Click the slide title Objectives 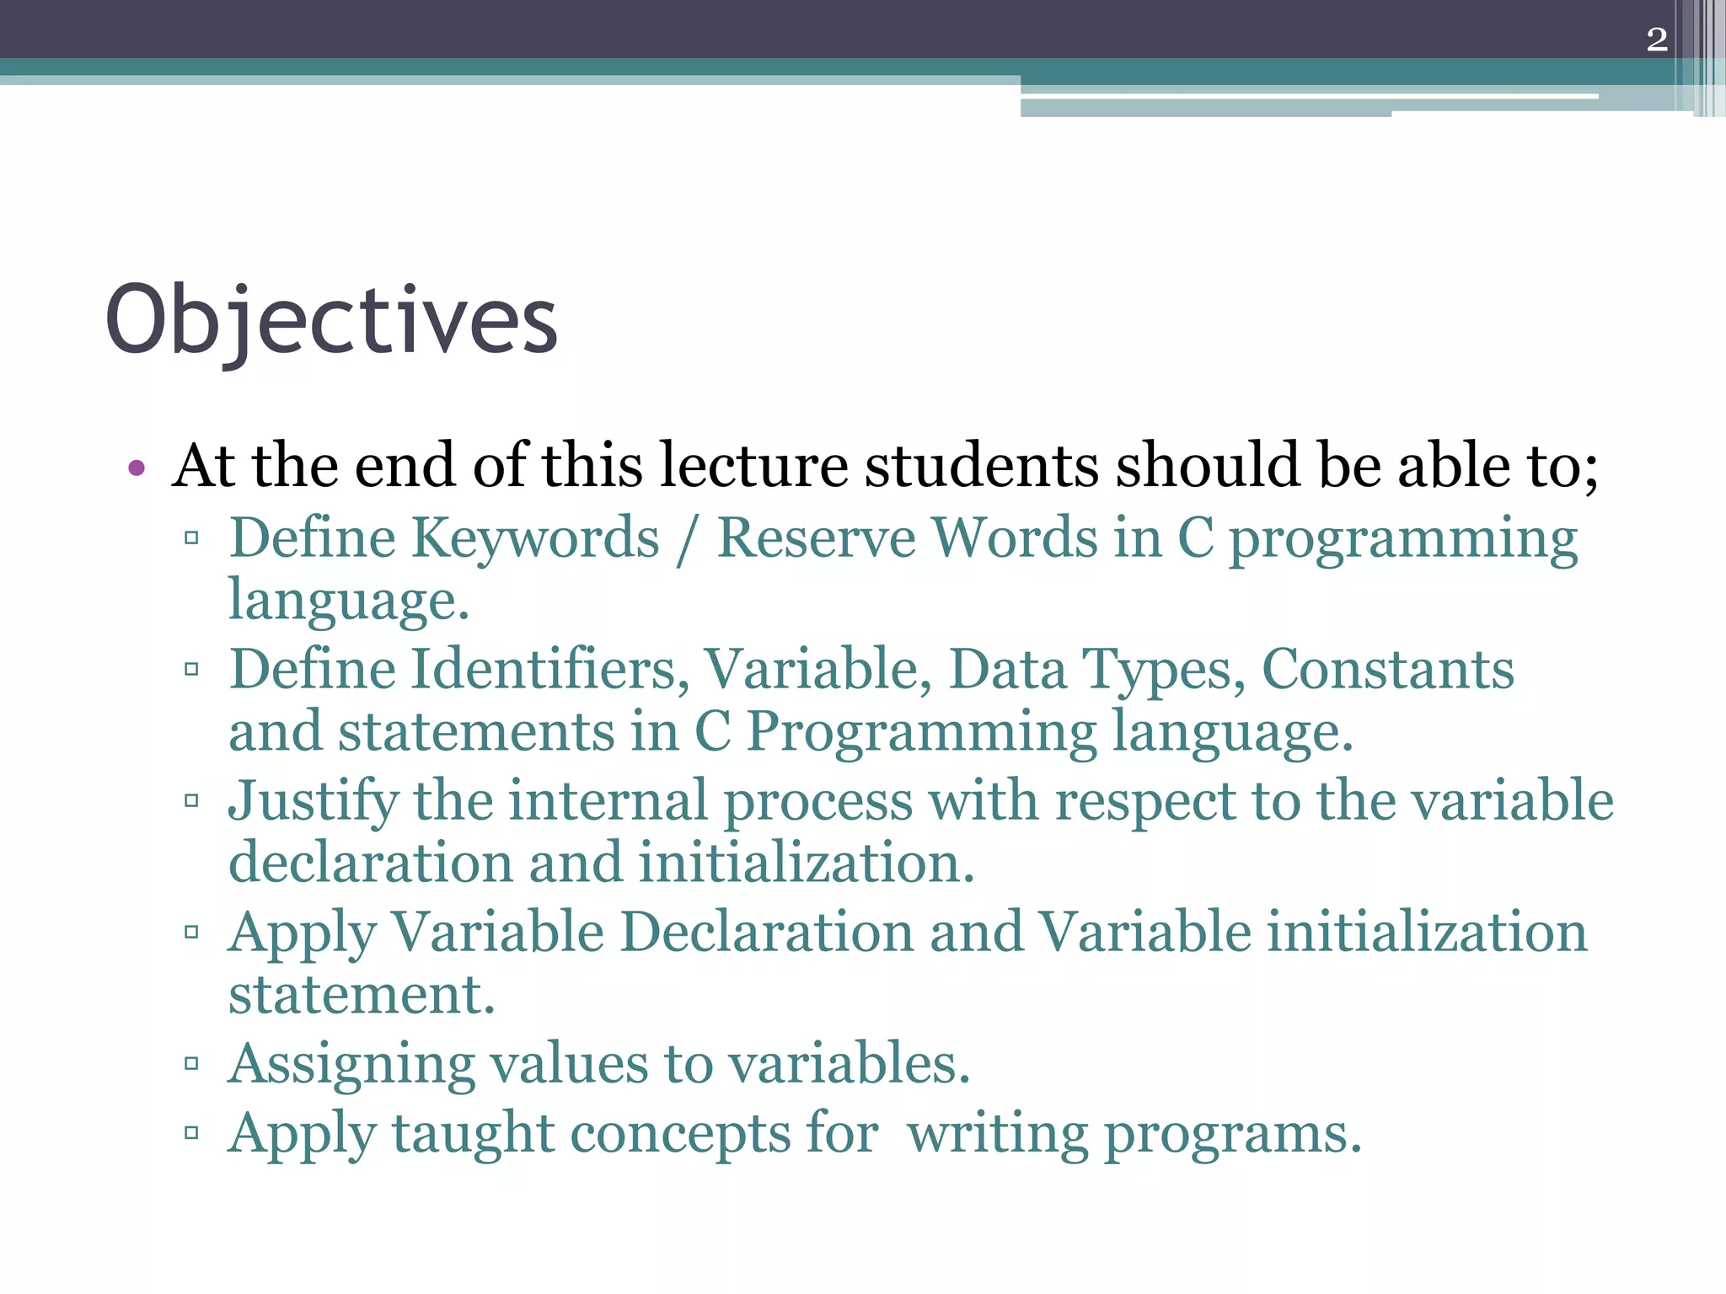pyautogui.click(x=331, y=321)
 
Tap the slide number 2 pyautogui.click(x=1656, y=40)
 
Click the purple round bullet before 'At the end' pyautogui.click(x=137, y=468)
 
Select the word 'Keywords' pyautogui.click(x=535, y=539)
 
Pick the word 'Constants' pyautogui.click(x=1387, y=671)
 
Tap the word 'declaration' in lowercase pyautogui.click(x=371, y=864)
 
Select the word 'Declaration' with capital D pyautogui.click(x=768, y=933)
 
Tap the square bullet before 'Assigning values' pyautogui.click(x=191, y=1063)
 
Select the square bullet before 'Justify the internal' pyautogui.click(x=191, y=799)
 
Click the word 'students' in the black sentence pyautogui.click(x=982, y=466)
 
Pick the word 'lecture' pyautogui.click(x=753, y=466)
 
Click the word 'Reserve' pyautogui.click(x=816, y=539)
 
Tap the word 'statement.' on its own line pyautogui.click(x=362, y=995)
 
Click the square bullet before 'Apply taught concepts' pyautogui.click(x=191, y=1132)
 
